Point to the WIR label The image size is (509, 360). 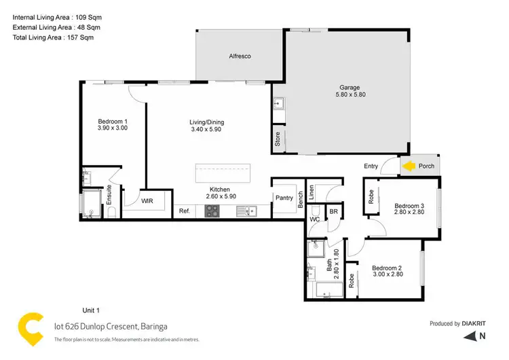(x=147, y=200)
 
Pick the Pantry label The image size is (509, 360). (x=284, y=198)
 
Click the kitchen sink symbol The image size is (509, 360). (x=245, y=212)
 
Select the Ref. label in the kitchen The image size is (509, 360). (x=184, y=211)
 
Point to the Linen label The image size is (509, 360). (x=311, y=192)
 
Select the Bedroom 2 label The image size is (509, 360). (x=388, y=270)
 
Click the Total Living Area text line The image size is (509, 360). (x=53, y=37)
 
